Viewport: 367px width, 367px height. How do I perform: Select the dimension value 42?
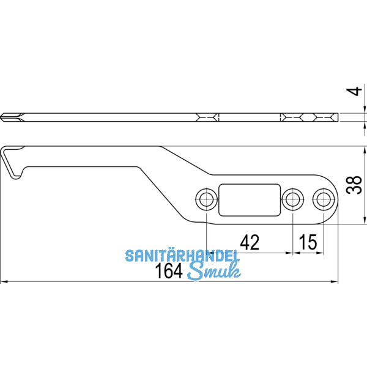(x=250, y=243)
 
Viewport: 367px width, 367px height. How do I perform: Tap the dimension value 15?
(x=308, y=243)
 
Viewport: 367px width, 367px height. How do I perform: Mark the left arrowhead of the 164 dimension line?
(x=3, y=282)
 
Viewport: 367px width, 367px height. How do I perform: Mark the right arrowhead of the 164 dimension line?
(x=335, y=282)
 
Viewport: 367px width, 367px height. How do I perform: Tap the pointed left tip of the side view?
(x=2, y=116)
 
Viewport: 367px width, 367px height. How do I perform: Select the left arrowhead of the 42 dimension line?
(x=209, y=253)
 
